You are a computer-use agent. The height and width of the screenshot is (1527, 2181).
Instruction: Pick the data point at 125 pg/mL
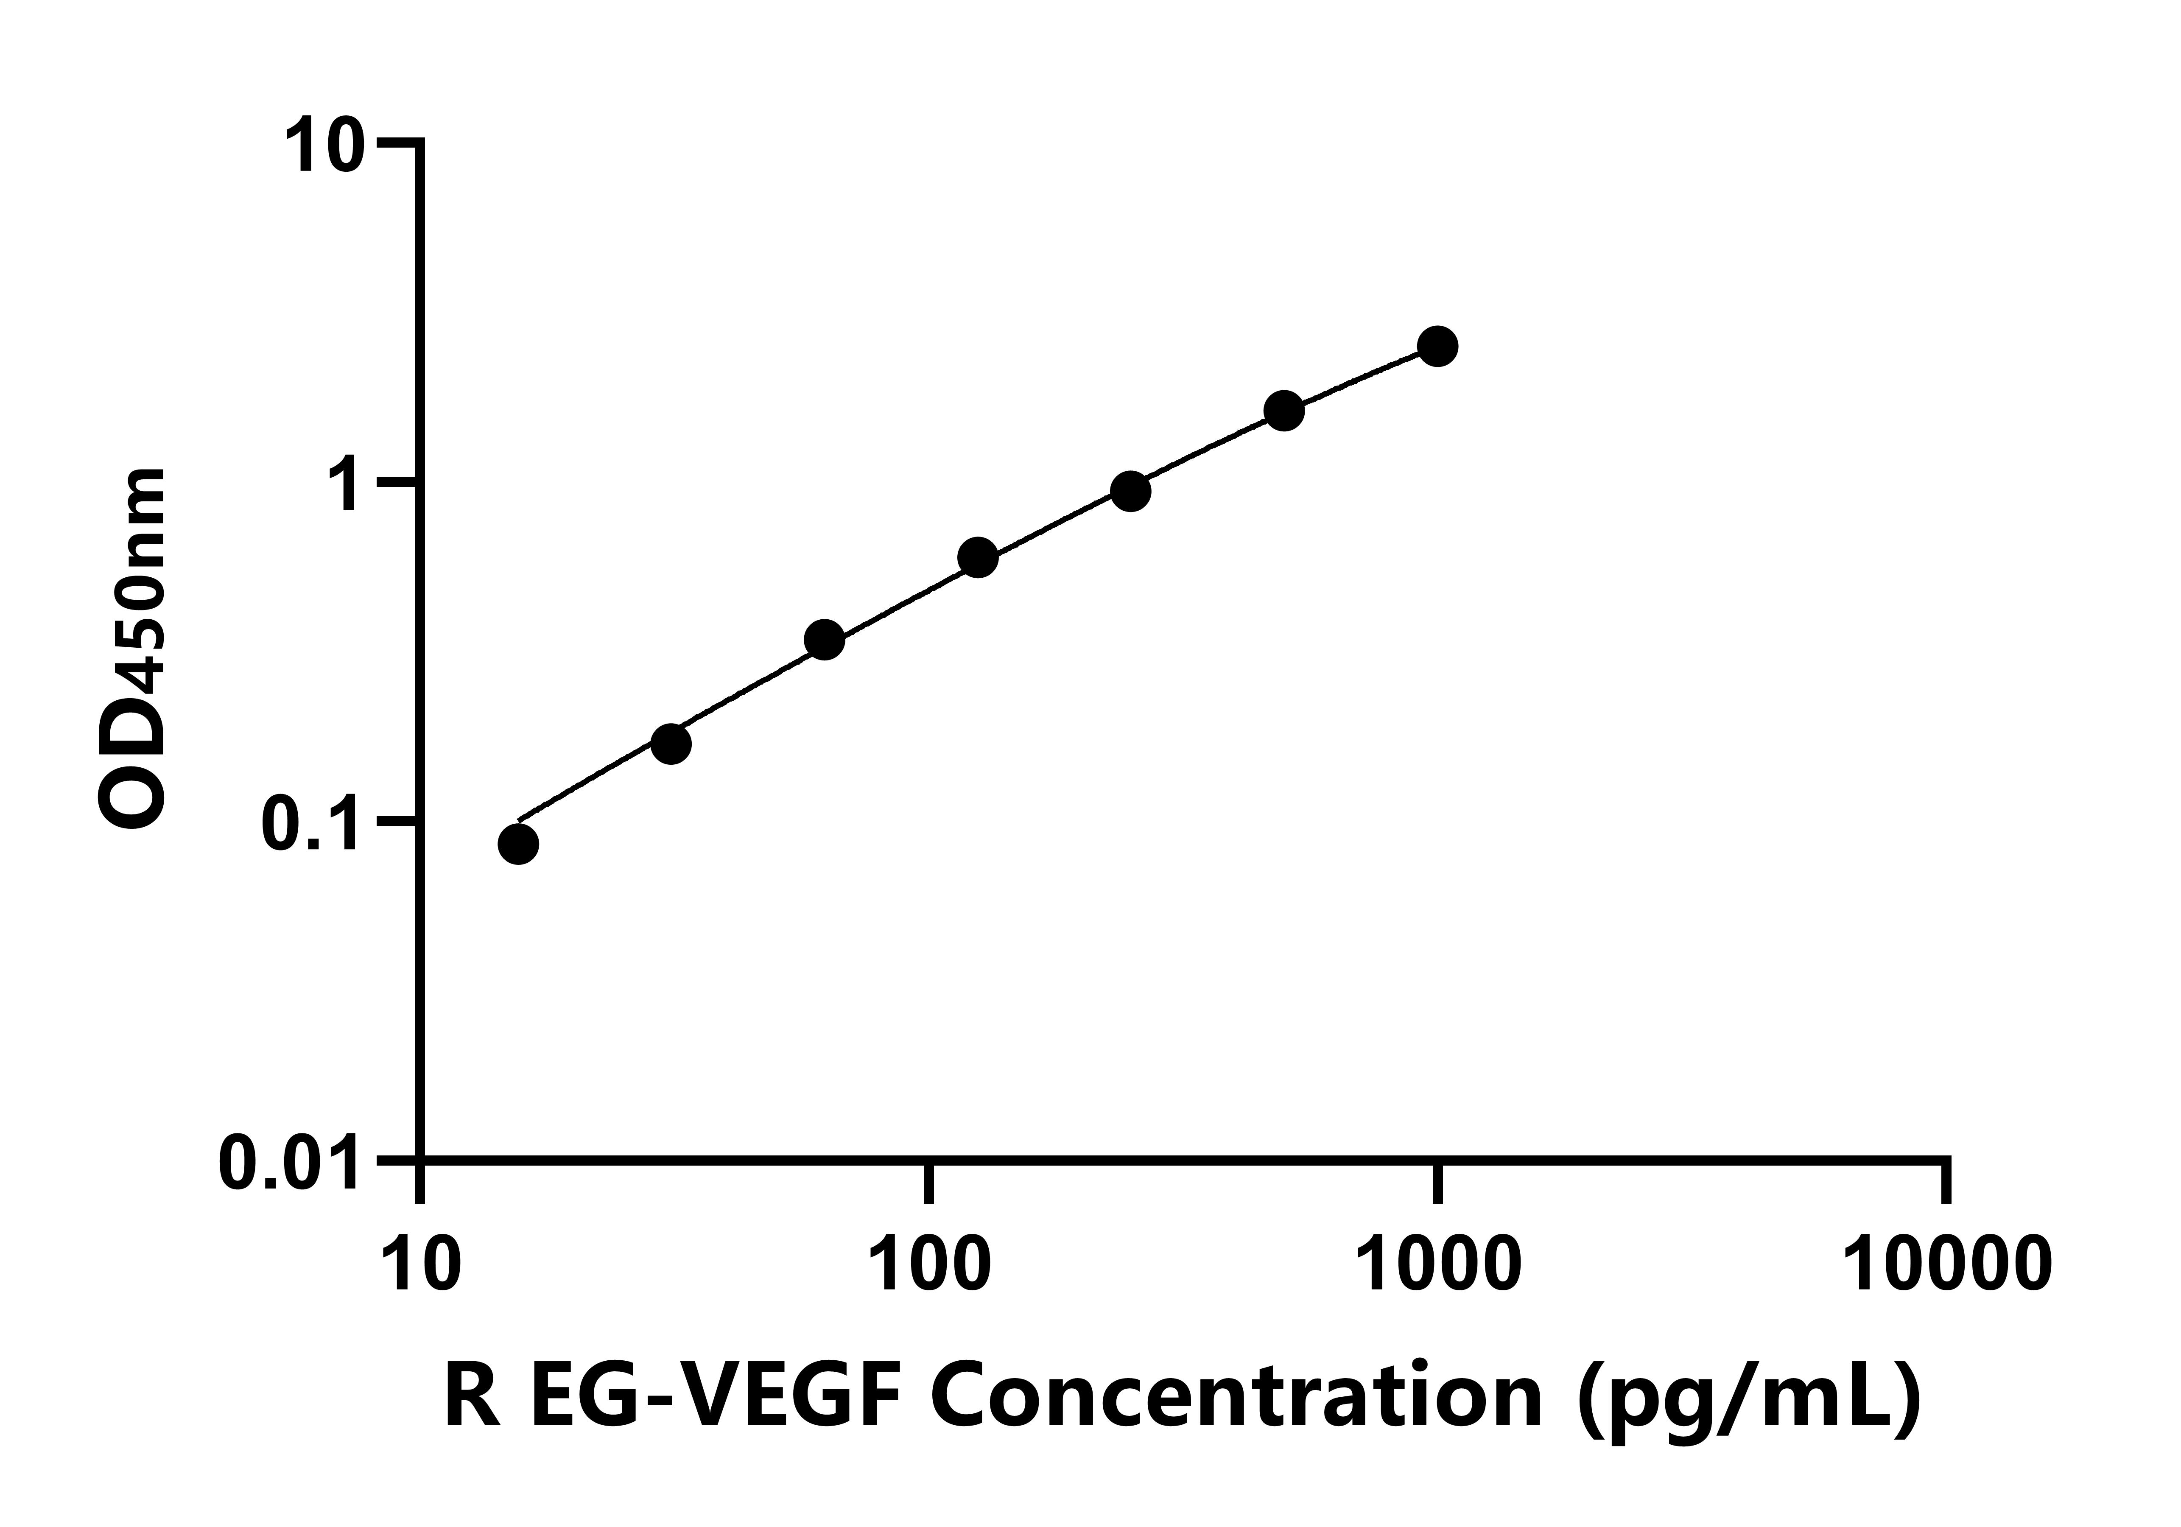pyautogui.click(x=977, y=558)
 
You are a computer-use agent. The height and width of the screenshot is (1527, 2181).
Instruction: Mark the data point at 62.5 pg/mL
pyautogui.click(x=825, y=640)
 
